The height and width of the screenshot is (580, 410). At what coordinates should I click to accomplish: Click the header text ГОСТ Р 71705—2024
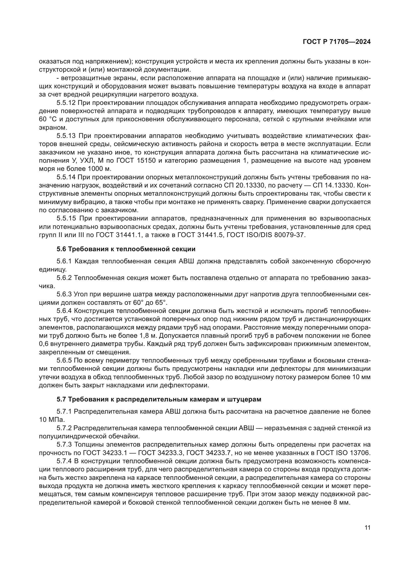(337, 42)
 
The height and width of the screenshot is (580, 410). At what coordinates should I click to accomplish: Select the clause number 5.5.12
(67, 103)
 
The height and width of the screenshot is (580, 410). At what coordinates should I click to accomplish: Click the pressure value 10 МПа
(52, 420)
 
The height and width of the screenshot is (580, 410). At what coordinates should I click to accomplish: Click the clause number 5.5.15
(67, 218)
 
